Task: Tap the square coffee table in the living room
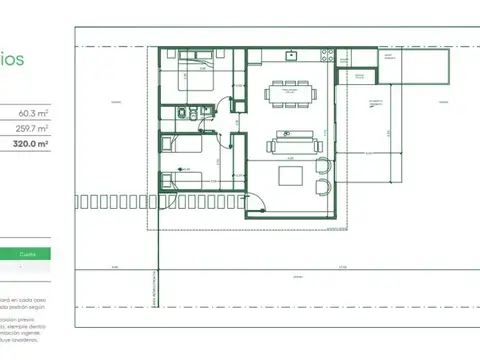pos(291,176)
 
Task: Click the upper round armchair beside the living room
pos(322,167)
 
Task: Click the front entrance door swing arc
pos(256,205)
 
